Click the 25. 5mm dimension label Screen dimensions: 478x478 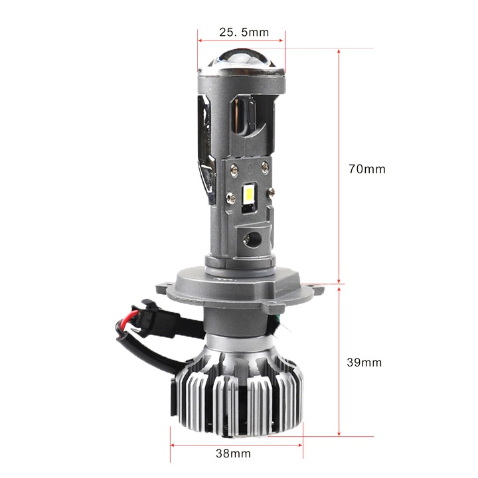tap(244, 32)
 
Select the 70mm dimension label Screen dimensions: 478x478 tap(367, 169)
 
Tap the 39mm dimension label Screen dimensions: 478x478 tap(364, 362)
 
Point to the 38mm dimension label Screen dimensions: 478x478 tap(233, 453)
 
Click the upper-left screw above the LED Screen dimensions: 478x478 tap(234, 168)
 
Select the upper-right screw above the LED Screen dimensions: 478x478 tap(265, 167)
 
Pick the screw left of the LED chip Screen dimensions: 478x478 tap(230, 198)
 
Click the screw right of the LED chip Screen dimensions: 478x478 tap(271, 193)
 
